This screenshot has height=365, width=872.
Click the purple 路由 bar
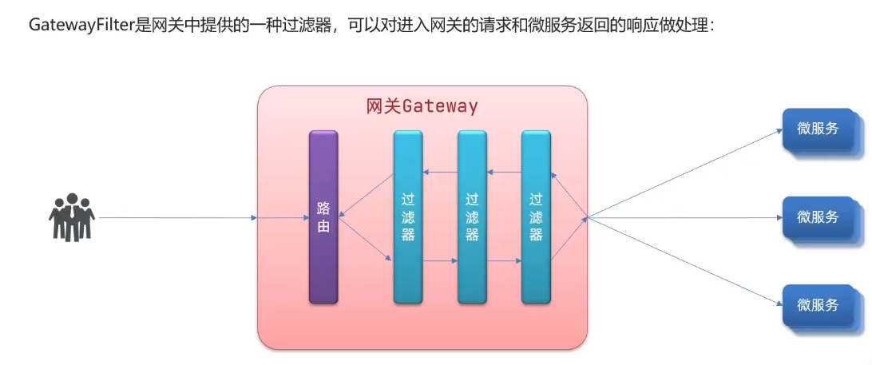click(323, 217)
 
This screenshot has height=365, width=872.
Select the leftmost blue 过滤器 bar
click(408, 217)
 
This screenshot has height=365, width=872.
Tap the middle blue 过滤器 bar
click(472, 217)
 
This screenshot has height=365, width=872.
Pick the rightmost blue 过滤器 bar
click(536, 217)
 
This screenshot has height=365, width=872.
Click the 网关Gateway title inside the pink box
click(422, 107)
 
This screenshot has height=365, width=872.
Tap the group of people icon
click(72, 216)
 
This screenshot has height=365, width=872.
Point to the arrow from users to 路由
click(176, 217)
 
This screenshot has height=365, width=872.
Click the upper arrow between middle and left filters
click(440, 172)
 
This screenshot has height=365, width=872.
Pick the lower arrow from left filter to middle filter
click(440, 261)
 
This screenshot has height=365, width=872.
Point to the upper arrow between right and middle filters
click(504, 172)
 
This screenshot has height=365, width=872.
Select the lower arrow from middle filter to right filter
click(504, 261)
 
